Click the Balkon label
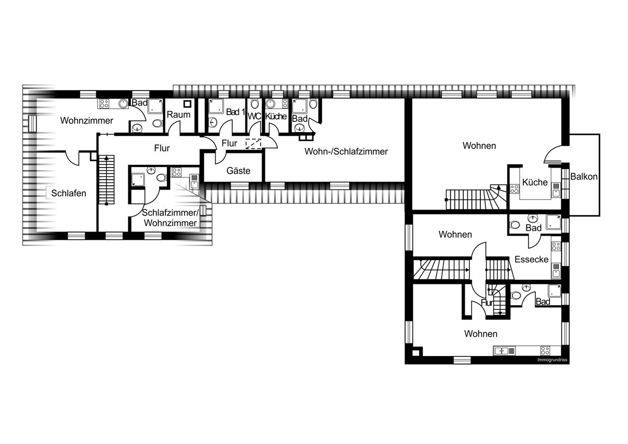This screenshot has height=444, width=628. tap(584, 176)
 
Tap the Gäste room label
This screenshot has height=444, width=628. tap(238, 171)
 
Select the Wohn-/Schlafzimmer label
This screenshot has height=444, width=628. tap(346, 151)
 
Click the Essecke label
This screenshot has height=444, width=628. tap(532, 259)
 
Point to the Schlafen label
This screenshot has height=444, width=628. tap(69, 193)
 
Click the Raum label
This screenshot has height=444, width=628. tap(178, 115)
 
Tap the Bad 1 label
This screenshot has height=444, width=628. tap(235, 112)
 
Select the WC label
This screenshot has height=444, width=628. tap(254, 116)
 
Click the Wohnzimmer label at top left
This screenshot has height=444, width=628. tap(87, 120)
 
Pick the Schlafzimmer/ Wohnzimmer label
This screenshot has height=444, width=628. tap(171, 218)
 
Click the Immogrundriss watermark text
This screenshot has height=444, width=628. tap(552, 360)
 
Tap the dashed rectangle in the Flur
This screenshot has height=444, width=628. tap(253, 143)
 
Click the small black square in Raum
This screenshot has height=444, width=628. tap(187, 104)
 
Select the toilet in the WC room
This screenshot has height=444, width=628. tap(254, 104)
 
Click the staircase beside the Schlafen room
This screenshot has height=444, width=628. tap(107, 180)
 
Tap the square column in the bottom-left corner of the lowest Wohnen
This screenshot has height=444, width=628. tap(417, 352)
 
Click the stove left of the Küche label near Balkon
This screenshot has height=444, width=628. tap(514, 189)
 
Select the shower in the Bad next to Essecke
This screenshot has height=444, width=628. tap(554, 222)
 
